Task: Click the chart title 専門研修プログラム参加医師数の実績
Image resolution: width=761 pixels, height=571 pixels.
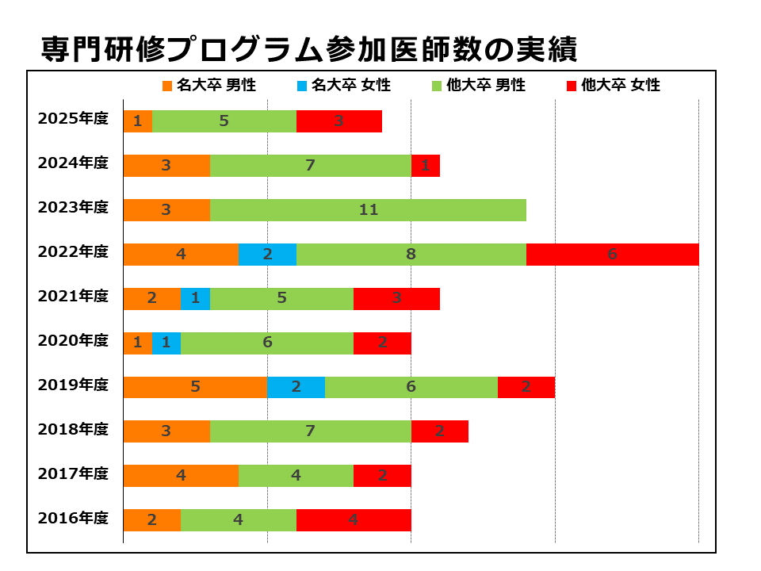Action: [309, 49]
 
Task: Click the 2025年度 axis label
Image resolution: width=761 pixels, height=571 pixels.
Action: [73, 119]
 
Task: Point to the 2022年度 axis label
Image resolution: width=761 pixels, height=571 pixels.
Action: [73, 252]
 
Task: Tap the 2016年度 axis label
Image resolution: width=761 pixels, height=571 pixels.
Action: [73, 519]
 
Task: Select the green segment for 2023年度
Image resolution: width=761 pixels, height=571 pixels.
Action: [368, 210]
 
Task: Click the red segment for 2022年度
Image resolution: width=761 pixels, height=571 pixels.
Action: [612, 255]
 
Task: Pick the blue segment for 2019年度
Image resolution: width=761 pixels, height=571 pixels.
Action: [296, 387]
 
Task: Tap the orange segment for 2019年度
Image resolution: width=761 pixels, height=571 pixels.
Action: [195, 387]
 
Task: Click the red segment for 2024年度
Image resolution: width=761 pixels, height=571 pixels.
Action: [425, 166]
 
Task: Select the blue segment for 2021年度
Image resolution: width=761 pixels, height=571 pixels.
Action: [195, 299]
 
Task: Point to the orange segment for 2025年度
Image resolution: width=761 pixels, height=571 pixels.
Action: [137, 121]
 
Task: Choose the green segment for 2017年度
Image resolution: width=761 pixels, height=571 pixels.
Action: [296, 476]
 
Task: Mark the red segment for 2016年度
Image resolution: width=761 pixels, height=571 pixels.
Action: [354, 520]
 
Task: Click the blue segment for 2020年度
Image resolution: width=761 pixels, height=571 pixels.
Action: [166, 343]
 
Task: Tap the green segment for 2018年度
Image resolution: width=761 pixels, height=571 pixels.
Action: [310, 431]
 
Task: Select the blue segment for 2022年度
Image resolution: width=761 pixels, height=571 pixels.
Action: [267, 255]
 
